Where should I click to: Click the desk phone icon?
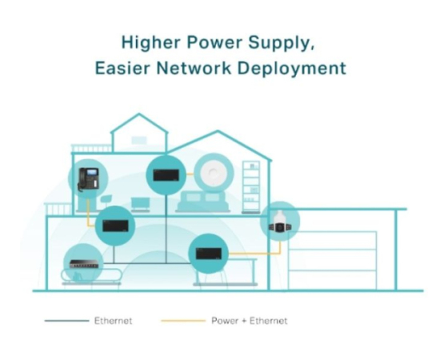tap(88, 179)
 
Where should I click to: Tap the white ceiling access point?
tap(214, 173)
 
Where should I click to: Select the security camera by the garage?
tap(280, 222)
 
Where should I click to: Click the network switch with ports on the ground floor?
tap(84, 264)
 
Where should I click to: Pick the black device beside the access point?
tap(166, 175)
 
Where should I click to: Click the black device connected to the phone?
tap(115, 226)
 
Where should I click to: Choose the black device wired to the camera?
tap(209, 254)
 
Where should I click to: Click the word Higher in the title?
tap(151, 42)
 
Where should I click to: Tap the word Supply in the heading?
tap(281, 43)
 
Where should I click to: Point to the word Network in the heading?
tap(194, 68)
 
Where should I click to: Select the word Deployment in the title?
tap(292, 69)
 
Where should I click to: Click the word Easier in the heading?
tap(122, 68)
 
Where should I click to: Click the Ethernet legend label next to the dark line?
tap(113, 321)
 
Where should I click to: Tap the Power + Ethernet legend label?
tap(249, 321)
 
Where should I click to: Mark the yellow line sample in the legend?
tap(183, 321)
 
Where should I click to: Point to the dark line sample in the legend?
tap(66, 321)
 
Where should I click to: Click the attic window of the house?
tap(139, 140)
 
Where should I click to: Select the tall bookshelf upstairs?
tap(251, 187)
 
